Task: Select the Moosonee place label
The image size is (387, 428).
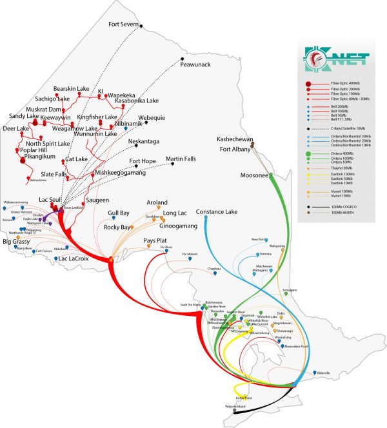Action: [253, 175]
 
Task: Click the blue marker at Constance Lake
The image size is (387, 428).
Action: [205, 218]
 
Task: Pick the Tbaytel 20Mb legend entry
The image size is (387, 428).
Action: [342, 168]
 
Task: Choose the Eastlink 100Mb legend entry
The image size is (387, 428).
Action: [343, 174]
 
